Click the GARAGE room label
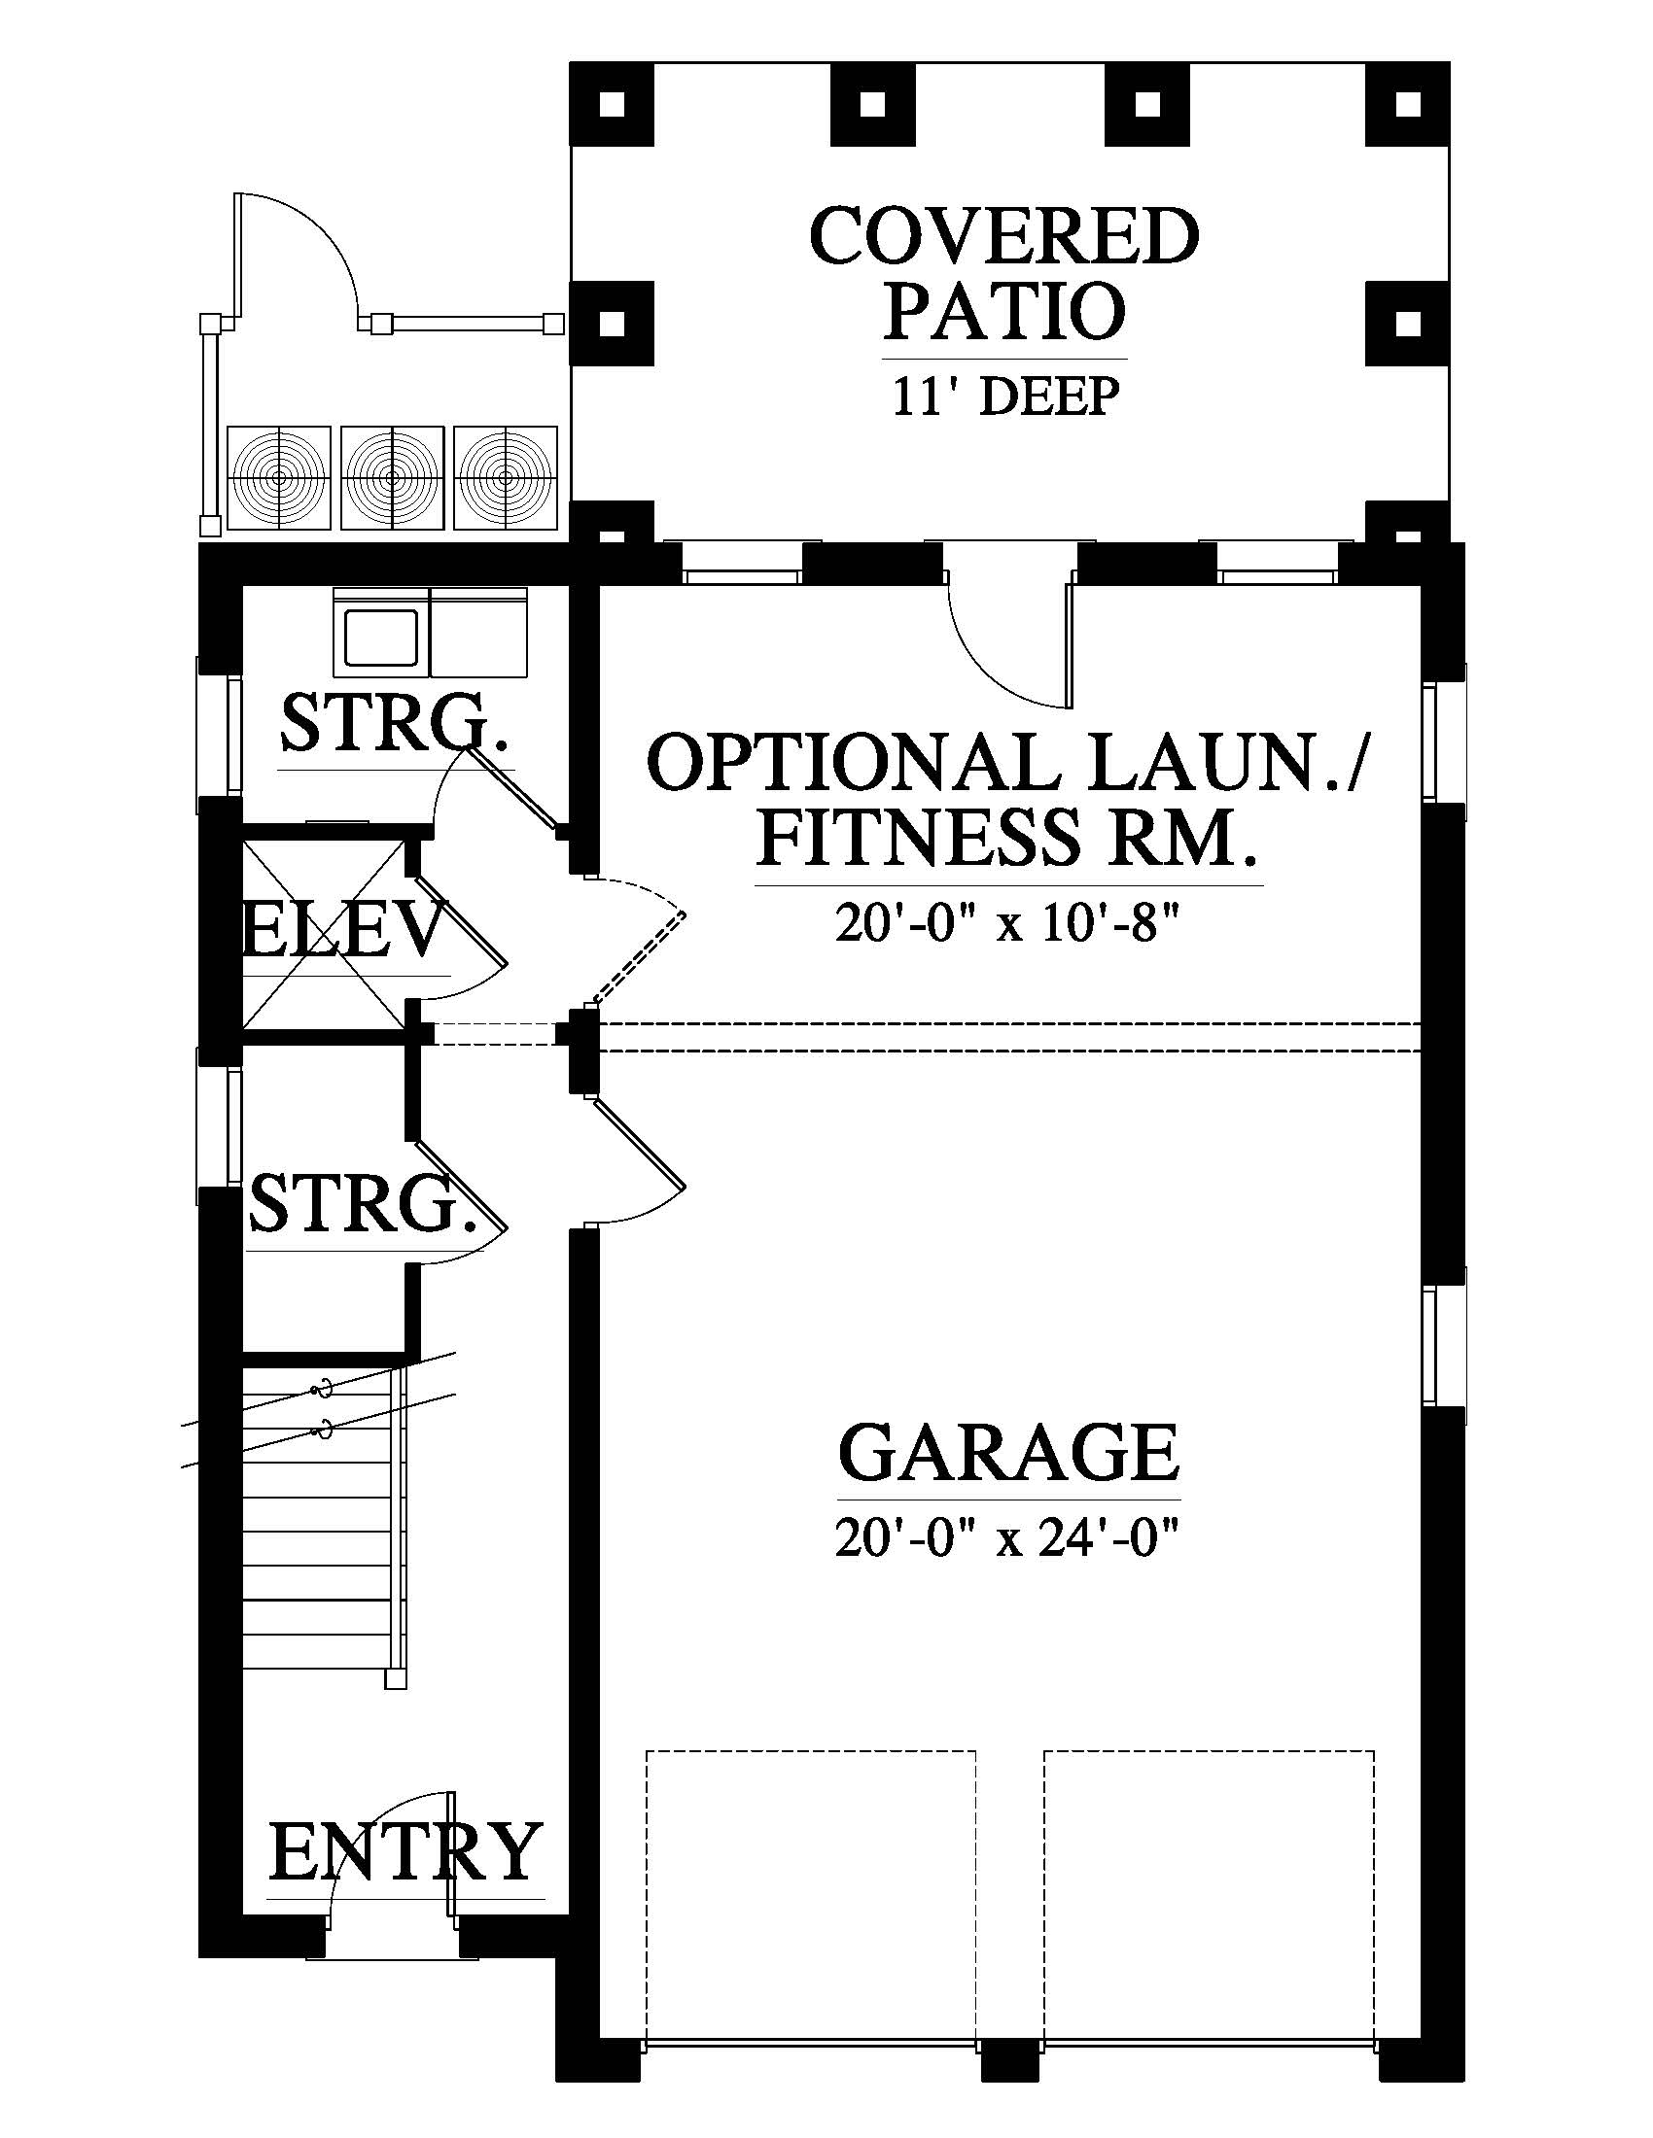point(1008,1453)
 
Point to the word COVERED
point(1004,235)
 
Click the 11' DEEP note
point(1004,397)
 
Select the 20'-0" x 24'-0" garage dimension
point(1004,1538)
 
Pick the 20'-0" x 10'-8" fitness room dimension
point(1004,922)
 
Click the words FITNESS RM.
point(1008,838)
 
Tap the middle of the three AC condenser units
point(392,478)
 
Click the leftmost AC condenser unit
point(278,478)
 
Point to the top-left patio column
point(613,104)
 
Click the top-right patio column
point(1408,104)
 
